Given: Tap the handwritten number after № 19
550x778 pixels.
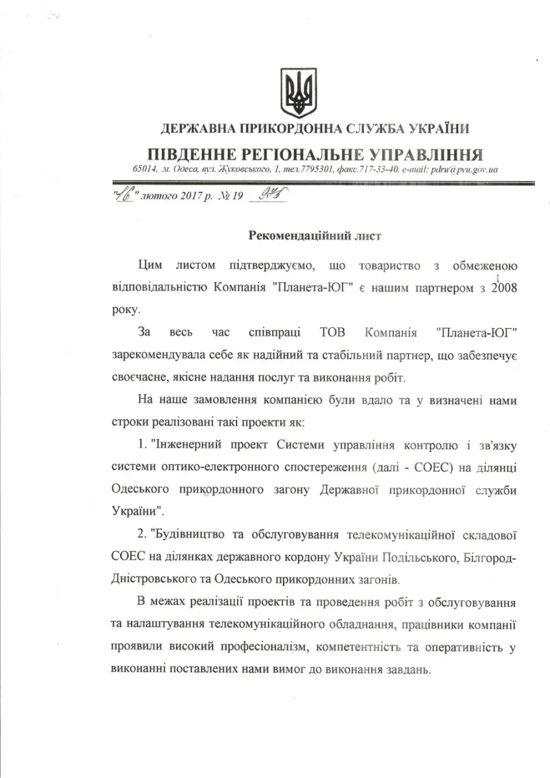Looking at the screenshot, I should pyautogui.click(x=266, y=196).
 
